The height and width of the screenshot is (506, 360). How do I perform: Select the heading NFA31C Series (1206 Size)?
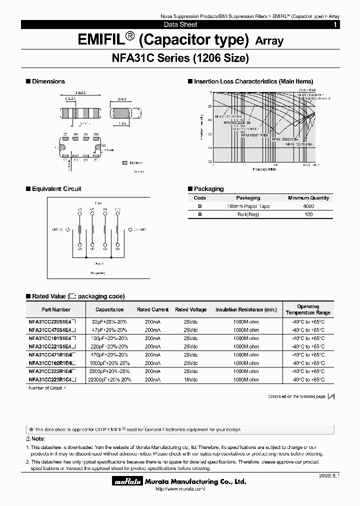pos(179,58)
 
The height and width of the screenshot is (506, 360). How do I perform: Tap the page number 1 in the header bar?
pos(334,24)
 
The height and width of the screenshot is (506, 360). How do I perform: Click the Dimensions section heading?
pos(48,81)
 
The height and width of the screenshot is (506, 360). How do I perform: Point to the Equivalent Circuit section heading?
pos(56,189)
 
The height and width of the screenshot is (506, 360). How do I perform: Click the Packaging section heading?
pos(208,189)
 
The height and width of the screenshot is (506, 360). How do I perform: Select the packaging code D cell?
pos(200,206)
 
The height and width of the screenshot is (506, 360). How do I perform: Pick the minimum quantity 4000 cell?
pos(308,206)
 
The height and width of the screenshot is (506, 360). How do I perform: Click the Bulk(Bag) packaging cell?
pos(248,214)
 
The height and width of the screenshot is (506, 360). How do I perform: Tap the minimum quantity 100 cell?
pos(308,214)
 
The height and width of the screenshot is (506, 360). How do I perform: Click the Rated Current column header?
pos(153,309)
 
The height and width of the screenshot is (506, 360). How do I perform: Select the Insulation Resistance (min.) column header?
pos(246,309)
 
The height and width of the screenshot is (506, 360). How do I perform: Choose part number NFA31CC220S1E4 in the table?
pos(52,322)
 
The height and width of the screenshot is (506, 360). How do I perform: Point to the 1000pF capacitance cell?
pos(109,363)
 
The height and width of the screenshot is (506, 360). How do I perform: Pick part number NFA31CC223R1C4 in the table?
pos(52,379)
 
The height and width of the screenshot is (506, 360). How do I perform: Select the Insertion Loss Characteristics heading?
pos(253,81)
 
